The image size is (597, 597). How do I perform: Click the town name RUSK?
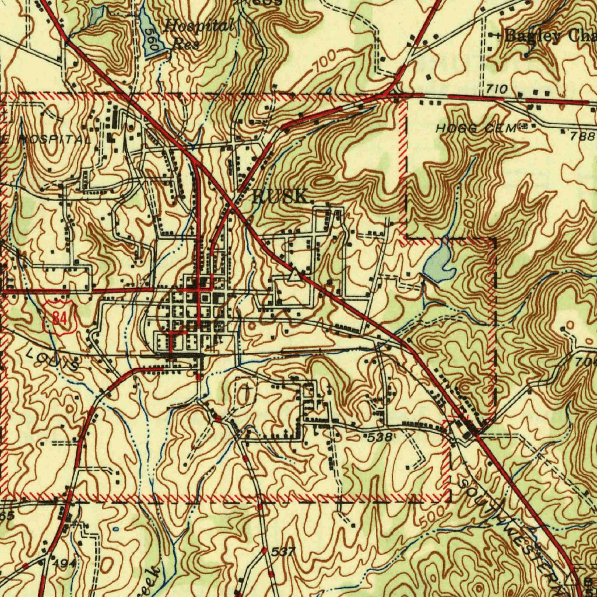[x=280, y=196]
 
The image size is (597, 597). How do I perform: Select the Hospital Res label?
[x=198, y=34]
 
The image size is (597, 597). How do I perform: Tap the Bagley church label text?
[x=548, y=36]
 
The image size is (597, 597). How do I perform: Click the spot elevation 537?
[x=284, y=552]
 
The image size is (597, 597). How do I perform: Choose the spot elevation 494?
[x=64, y=564]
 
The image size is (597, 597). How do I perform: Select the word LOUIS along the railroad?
[x=52, y=360]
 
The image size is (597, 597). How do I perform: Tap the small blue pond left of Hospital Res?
[x=95, y=16]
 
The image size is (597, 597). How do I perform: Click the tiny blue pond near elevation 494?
[x=115, y=529]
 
